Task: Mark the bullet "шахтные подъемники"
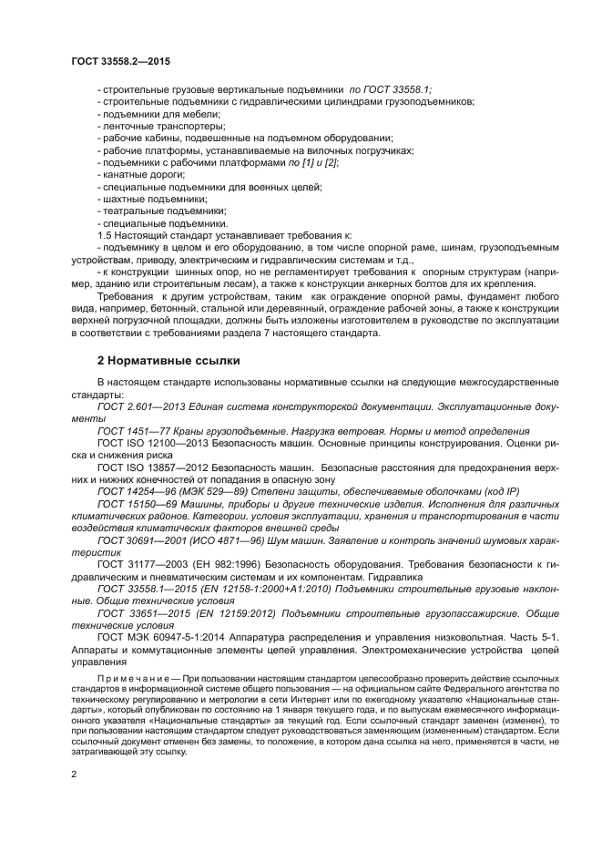[x=145, y=199]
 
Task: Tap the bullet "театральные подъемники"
[x=151, y=210]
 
